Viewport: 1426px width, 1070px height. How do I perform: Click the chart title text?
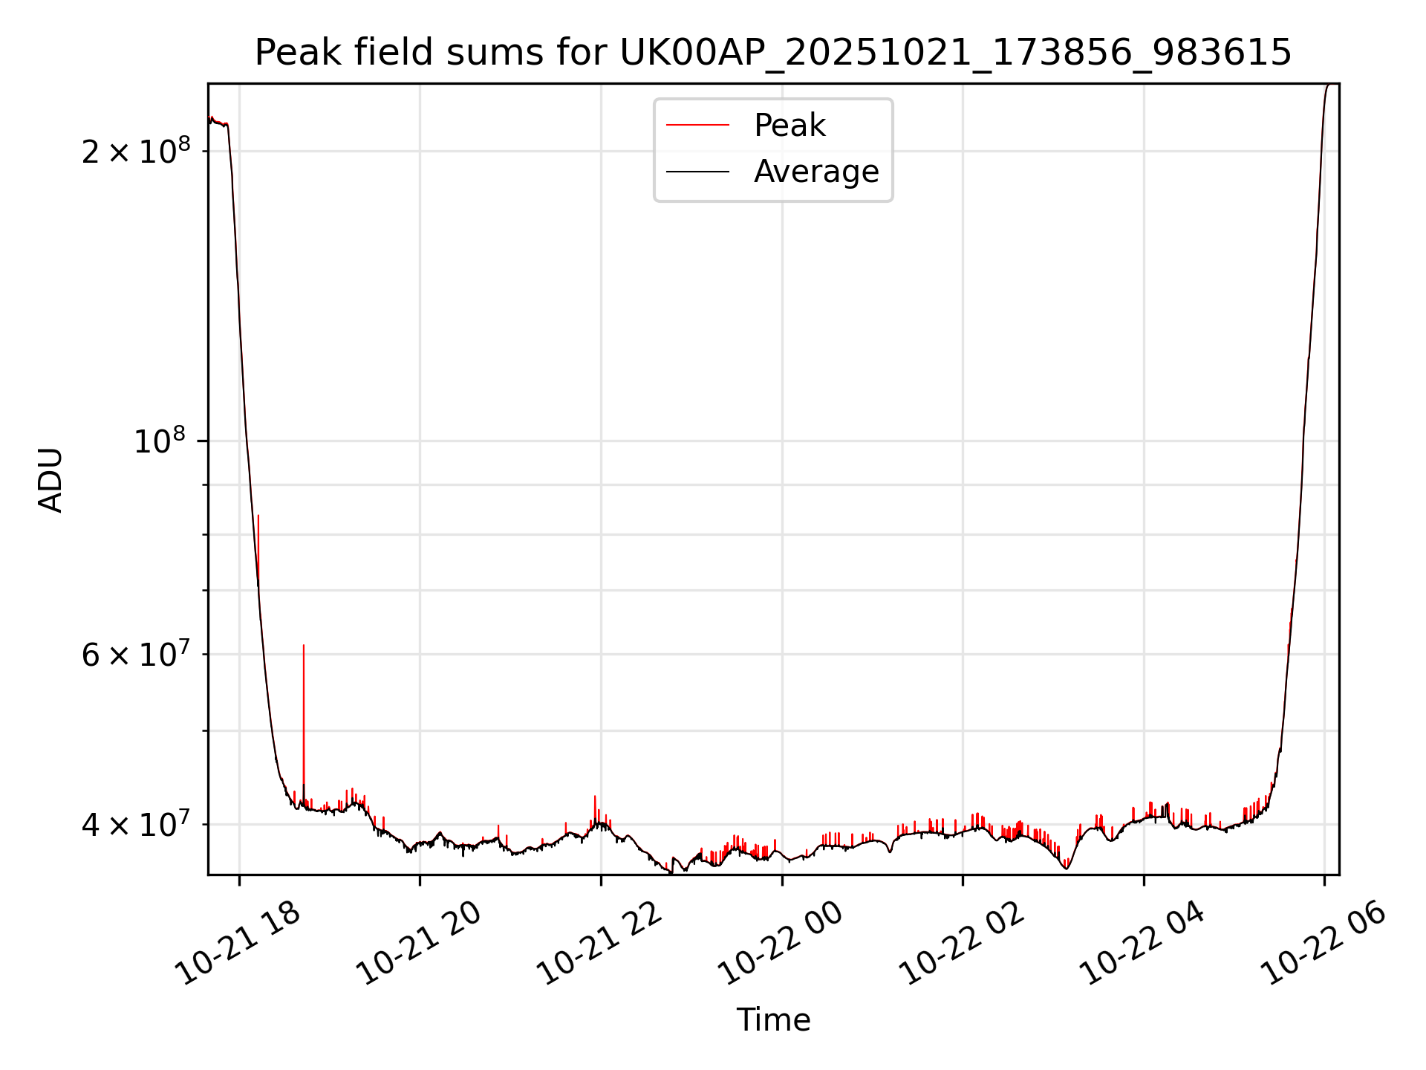pos(772,53)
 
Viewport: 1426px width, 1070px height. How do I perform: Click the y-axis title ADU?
pos(51,479)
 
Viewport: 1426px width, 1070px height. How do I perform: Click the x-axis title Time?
pos(773,1019)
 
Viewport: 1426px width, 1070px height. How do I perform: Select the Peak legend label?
pos(789,125)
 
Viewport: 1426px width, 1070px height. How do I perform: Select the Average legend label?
pos(815,172)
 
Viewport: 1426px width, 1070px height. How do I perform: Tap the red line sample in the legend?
pos(697,126)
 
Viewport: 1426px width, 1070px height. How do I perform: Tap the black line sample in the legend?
pos(697,172)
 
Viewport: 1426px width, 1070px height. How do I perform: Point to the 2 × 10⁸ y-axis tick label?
pos(135,152)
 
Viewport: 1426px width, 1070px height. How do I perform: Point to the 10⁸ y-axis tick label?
pos(159,441)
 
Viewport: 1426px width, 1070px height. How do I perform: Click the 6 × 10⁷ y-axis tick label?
pos(135,655)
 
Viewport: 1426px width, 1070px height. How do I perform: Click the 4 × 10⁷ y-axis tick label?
pos(135,824)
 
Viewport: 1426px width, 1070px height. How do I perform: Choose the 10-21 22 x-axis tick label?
pos(601,944)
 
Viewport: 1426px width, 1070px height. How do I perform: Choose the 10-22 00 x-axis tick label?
pos(782,944)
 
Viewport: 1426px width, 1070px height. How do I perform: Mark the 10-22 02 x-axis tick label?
pos(963,944)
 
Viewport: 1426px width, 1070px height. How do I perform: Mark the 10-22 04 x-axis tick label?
pos(1144,944)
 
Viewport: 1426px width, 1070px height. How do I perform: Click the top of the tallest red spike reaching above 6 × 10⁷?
pos(303,646)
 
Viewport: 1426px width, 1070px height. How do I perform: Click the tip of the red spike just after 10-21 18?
pos(258,516)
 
